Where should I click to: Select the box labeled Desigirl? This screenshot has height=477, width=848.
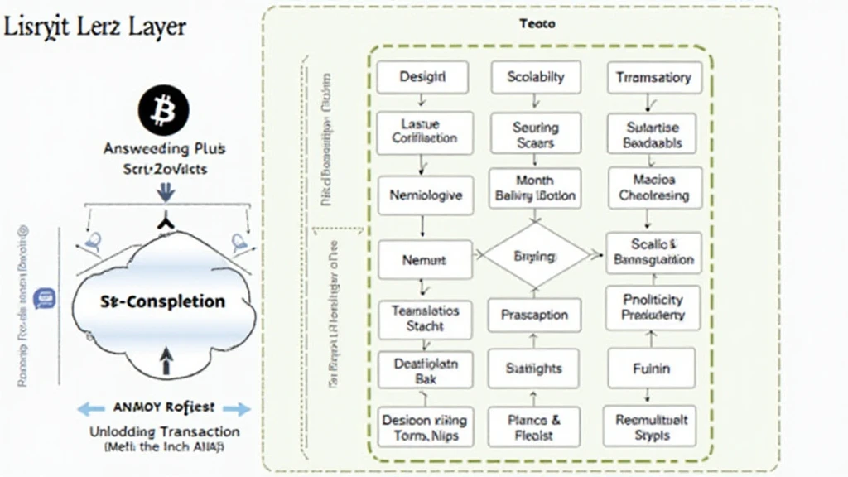pos(422,77)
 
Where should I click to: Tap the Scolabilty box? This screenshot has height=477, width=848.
pos(535,77)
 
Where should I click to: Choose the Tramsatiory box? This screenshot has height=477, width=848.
pos(653,78)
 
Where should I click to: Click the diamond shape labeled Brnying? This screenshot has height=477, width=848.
pos(535,257)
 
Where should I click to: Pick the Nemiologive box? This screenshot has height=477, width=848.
pos(425,196)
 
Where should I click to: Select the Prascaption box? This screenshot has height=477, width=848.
pos(535,315)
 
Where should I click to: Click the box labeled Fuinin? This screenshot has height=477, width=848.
pos(650,369)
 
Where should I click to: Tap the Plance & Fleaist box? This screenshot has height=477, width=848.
pos(535,427)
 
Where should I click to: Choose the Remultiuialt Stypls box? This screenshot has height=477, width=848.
pos(652,426)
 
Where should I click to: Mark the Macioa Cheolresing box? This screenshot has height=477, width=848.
pos(654,187)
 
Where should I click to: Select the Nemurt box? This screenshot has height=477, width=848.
pos(424,260)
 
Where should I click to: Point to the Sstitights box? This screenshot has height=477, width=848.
pos(534,369)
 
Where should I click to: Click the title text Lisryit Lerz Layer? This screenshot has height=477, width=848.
pos(94,26)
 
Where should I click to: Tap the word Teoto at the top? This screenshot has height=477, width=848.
pos(537,24)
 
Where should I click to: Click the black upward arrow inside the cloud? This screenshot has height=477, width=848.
pos(166,359)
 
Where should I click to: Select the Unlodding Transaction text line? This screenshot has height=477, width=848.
pos(166,431)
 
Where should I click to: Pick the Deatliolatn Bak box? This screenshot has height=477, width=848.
pos(424,370)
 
